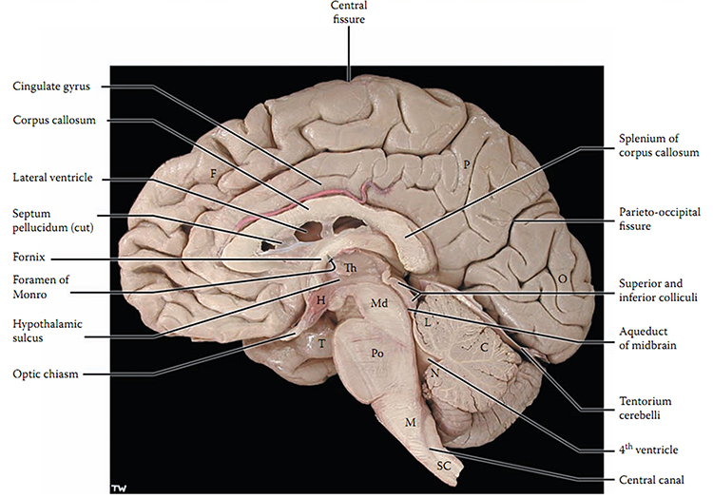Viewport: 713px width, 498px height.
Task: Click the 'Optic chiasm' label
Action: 45,374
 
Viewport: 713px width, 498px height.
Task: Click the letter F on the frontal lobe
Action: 215,172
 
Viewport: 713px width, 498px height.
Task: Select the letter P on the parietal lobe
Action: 468,163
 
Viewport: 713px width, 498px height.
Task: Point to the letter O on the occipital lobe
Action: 562,280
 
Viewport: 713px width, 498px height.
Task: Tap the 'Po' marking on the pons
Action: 376,351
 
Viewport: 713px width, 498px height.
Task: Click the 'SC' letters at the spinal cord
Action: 443,467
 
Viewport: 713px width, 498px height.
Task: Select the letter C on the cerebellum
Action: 484,346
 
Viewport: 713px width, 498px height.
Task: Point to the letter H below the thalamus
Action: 321,300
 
